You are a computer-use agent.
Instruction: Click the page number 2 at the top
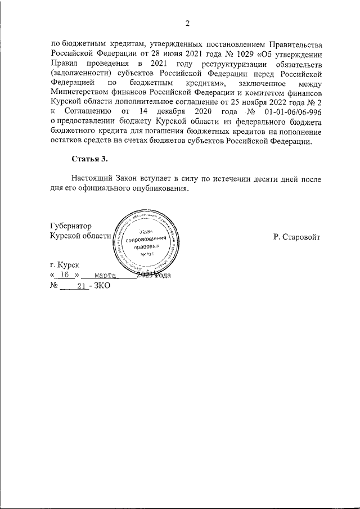tap(187, 23)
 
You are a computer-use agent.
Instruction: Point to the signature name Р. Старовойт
tap(297, 237)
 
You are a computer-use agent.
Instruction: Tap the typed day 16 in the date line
tap(67, 275)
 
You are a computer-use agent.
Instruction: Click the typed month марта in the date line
tap(106, 275)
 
